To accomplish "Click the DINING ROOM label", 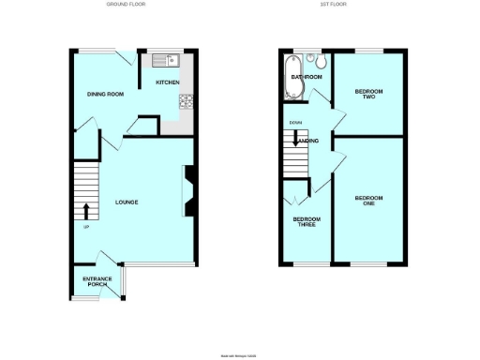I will coord(106,94).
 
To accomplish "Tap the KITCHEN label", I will coord(168,82).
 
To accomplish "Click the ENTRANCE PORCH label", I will coord(97,282).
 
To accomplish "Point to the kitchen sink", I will coord(167,61).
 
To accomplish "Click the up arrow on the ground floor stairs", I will coord(87,210).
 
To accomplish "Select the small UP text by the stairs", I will coord(87,228).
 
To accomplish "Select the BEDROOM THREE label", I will coord(307,222).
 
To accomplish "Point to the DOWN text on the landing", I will coord(295,123).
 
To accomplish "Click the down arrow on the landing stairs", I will coord(297,142).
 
